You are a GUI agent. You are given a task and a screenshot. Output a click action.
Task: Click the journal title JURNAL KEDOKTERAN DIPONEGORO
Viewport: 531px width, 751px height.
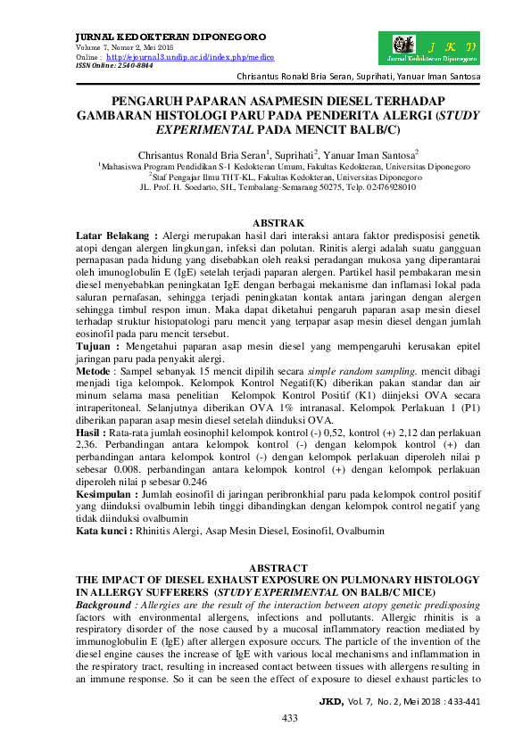145,37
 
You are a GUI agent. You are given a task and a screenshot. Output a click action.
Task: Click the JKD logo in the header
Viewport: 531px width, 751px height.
429,47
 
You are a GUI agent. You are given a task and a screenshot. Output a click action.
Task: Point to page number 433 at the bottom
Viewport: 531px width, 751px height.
289,718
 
